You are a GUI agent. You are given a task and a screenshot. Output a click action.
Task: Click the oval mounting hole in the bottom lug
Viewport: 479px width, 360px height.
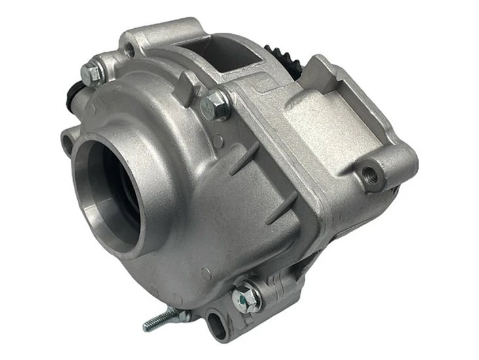coord(215,323)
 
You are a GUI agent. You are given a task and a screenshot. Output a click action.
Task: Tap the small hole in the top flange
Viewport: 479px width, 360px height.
coord(130,49)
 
